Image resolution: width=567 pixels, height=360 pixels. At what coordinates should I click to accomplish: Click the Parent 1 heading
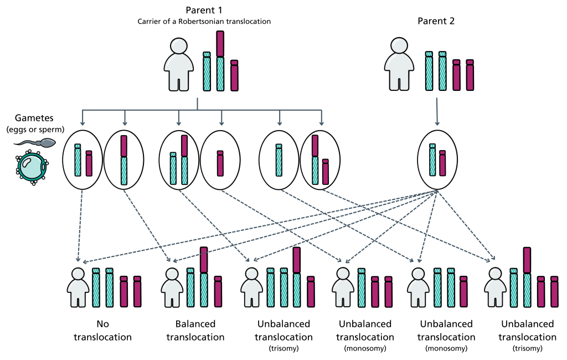[x=204, y=10]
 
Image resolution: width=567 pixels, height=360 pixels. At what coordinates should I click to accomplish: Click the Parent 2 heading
[x=436, y=21]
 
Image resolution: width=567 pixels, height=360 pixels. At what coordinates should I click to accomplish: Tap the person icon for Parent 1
[x=179, y=64]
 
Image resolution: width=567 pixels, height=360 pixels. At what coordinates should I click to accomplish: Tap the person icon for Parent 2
[x=399, y=64]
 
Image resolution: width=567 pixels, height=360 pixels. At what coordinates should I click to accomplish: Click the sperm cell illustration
[x=35, y=142]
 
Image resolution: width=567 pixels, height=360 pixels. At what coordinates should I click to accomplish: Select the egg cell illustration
[x=32, y=168]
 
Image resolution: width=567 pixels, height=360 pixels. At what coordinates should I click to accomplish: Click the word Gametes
[x=34, y=118]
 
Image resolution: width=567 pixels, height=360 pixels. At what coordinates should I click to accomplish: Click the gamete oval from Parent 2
[x=437, y=160]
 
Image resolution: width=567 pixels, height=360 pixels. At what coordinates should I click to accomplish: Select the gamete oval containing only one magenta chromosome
[x=220, y=160]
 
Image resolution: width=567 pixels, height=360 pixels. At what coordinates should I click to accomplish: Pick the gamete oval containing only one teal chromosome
[x=279, y=160]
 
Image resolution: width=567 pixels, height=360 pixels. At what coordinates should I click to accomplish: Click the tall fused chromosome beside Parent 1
[x=220, y=61]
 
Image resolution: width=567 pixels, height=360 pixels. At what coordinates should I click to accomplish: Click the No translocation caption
[x=102, y=330]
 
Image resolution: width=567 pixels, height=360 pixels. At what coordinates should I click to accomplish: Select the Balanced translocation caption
[x=195, y=330]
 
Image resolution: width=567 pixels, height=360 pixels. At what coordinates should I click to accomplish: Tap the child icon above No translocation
[x=78, y=287]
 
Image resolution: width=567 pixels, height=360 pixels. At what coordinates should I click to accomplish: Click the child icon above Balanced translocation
[x=172, y=287]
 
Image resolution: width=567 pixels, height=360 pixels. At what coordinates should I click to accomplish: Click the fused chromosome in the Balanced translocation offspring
[x=204, y=277]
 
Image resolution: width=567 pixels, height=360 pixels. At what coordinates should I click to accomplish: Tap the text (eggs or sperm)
[x=35, y=129]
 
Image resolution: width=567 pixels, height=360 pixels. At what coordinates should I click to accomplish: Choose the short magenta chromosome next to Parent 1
[x=234, y=75]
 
